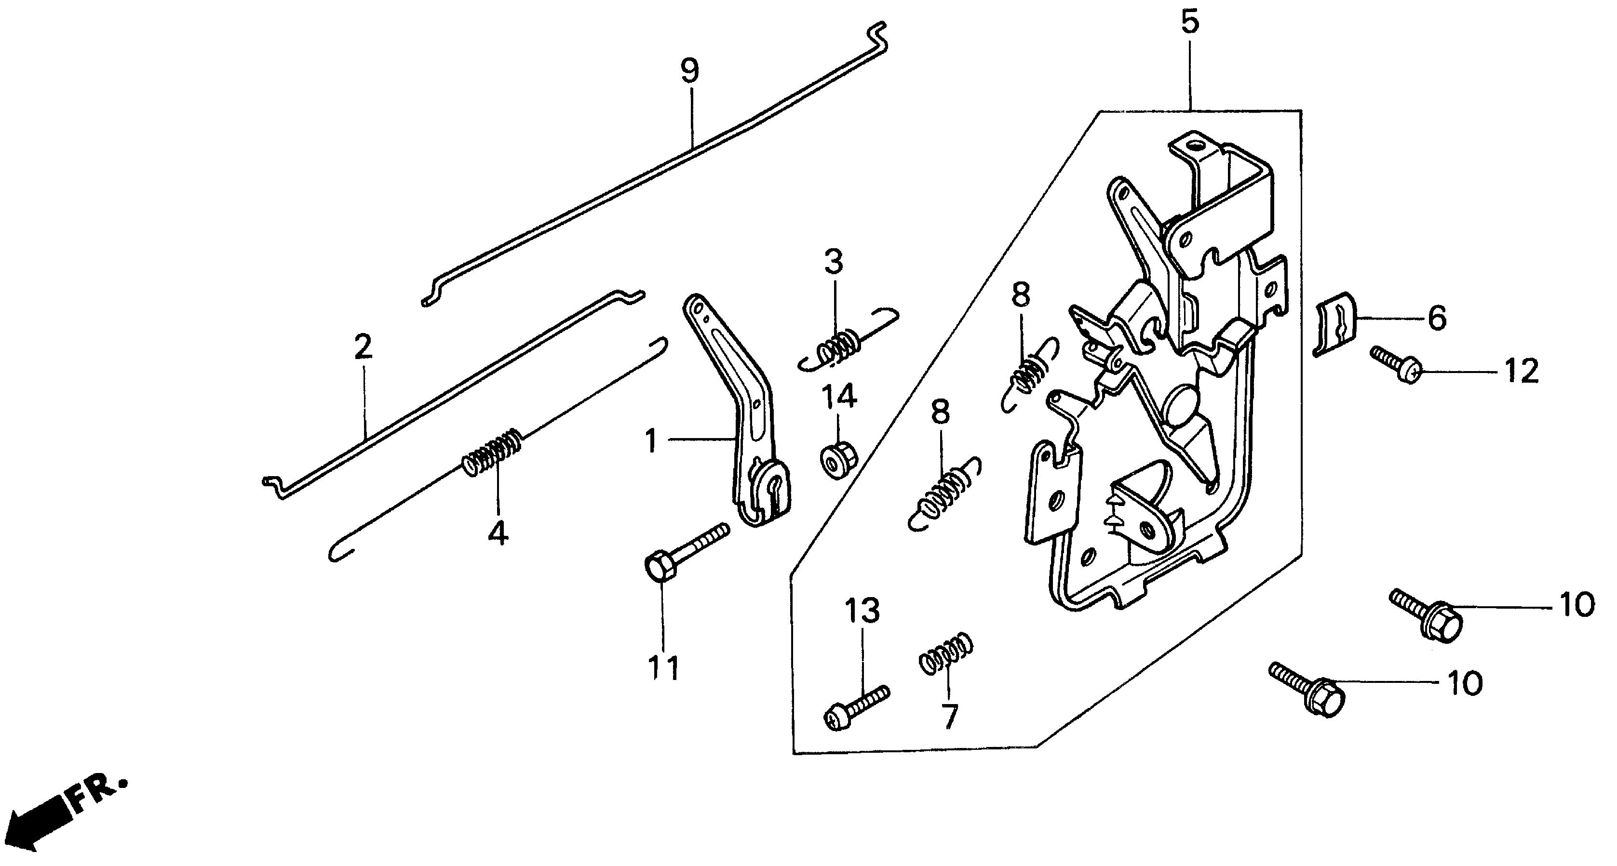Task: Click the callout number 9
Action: point(689,71)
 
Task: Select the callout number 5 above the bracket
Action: point(1189,22)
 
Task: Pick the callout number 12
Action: point(1520,372)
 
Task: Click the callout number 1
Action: point(651,441)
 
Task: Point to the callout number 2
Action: point(363,347)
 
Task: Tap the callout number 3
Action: point(834,262)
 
